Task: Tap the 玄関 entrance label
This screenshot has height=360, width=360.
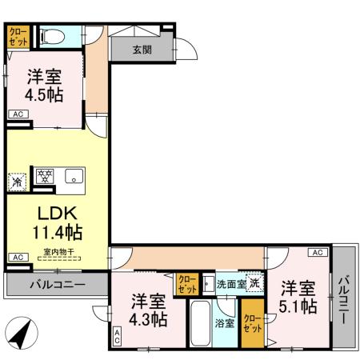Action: tap(142, 49)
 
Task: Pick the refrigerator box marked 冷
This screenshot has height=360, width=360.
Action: tap(17, 182)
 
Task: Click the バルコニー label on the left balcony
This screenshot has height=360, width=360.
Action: tap(58, 284)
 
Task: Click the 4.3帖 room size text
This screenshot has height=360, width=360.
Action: tap(150, 320)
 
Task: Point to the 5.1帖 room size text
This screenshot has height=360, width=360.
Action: tap(298, 306)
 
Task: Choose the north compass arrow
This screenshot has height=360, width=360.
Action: tap(25, 331)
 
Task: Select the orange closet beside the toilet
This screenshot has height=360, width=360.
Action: tap(18, 36)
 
